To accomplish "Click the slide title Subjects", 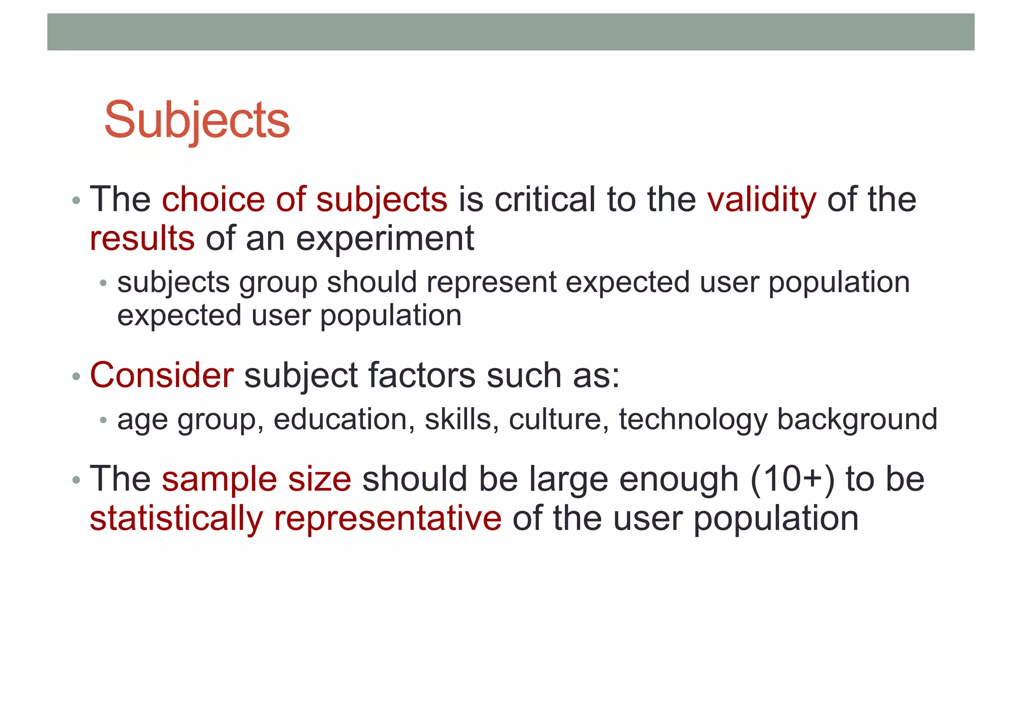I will pos(197,121).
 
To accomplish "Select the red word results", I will pos(142,239).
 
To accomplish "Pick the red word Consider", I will pos(161,375).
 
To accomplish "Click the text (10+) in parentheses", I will pos(792,480).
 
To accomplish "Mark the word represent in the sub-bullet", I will pos(491,283).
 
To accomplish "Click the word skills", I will pos(462,419).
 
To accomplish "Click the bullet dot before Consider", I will pos(76,376).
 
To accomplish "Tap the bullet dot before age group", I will pos(103,420).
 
